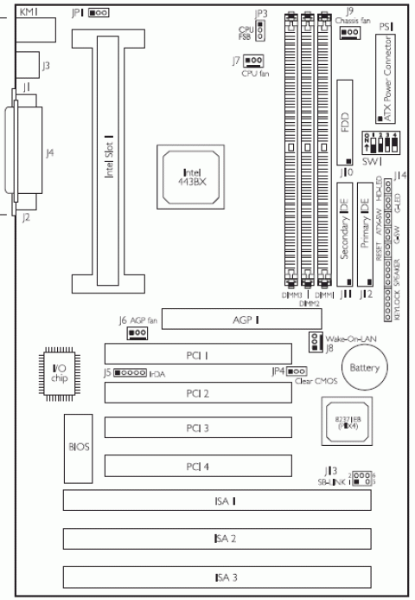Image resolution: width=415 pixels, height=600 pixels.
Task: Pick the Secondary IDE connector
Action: (x=343, y=234)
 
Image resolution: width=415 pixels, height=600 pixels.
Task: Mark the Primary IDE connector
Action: (x=366, y=234)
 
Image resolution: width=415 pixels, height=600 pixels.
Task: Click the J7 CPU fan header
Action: (x=254, y=61)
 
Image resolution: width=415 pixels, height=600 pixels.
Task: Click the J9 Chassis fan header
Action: (x=349, y=33)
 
